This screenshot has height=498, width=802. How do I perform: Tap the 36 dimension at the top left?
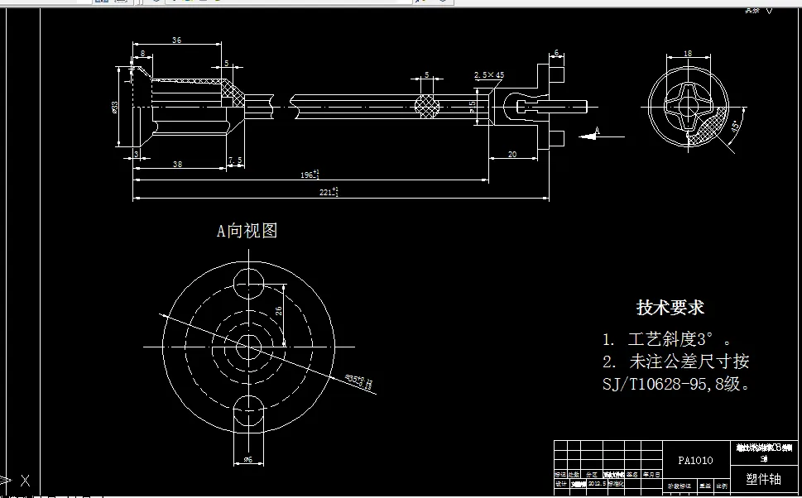(176, 41)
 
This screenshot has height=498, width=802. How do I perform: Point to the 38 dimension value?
(177, 165)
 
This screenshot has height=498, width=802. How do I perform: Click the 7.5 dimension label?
(235, 160)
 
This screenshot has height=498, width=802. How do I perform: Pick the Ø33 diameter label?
(115, 106)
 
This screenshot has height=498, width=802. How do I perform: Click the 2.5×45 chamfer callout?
(489, 75)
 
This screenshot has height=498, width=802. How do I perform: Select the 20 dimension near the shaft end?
(511, 155)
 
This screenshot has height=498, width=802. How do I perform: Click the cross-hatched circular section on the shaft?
(427, 106)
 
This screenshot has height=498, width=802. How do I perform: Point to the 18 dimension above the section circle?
(687, 53)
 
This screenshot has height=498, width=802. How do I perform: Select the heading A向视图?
(247, 231)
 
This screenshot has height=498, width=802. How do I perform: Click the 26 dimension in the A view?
(279, 310)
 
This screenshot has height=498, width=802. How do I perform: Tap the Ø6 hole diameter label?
(247, 459)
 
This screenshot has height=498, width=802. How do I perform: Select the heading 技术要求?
(670, 308)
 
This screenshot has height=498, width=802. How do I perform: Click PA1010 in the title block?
(695, 461)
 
